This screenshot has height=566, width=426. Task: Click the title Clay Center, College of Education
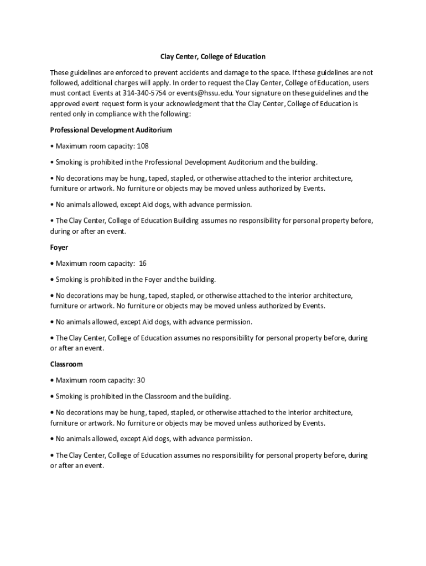[x=213, y=57]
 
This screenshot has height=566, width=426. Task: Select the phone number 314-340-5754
[x=144, y=93]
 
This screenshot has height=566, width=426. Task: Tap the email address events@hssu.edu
[x=201, y=93]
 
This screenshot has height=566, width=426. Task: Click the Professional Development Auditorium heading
[x=111, y=130]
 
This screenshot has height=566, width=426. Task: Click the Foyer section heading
[x=59, y=248]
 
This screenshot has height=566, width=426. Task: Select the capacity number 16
[x=143, y=264]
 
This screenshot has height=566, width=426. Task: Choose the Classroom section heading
[x=66, y=365]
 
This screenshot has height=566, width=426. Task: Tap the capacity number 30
[x=141, y=381]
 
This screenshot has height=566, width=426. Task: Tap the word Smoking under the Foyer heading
[x=69, y=280]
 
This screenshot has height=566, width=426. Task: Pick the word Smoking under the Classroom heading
[x=69, y=397]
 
